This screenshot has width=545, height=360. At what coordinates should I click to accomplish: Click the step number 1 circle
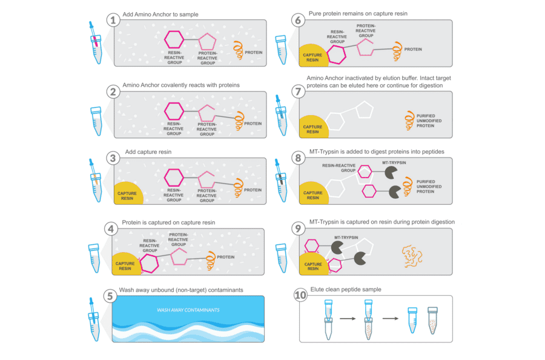pos(113,19)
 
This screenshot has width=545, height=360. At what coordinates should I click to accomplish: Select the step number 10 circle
pos(300,295)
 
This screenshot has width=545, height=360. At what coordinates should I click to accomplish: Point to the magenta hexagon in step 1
pos(175,41)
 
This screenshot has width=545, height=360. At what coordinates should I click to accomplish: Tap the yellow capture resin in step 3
pos(128,193)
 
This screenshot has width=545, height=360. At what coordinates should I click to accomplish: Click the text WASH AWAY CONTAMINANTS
pos(188,310)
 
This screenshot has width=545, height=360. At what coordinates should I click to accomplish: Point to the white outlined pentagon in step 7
pos(365,110)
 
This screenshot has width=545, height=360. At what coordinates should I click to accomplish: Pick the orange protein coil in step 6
pos(397,48)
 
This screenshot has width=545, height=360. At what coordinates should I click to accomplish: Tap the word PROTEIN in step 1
pos(253,53)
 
